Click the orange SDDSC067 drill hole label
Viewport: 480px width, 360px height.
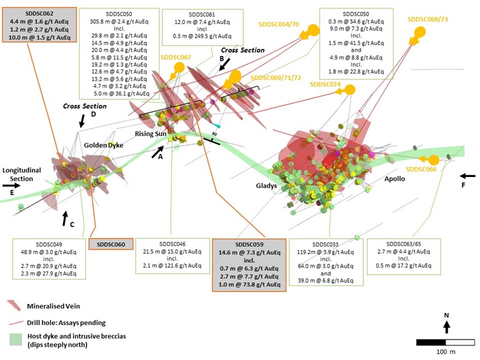175,57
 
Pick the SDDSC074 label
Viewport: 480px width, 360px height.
325,84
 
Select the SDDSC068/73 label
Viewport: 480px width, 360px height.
428,19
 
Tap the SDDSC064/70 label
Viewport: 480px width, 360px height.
279,24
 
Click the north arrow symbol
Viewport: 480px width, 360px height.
447,327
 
